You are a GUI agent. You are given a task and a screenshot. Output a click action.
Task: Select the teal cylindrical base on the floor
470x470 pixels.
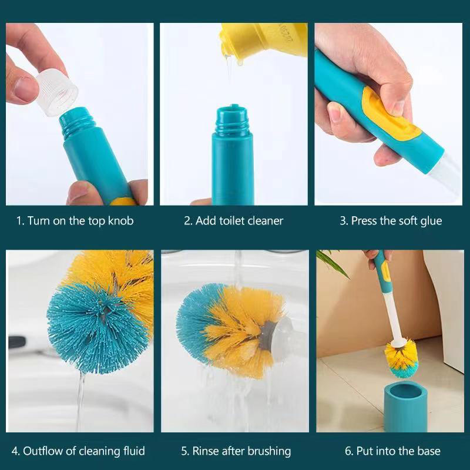coord(405,405)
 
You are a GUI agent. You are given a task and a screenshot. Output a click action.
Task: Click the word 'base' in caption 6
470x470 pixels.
coord(428,451)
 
